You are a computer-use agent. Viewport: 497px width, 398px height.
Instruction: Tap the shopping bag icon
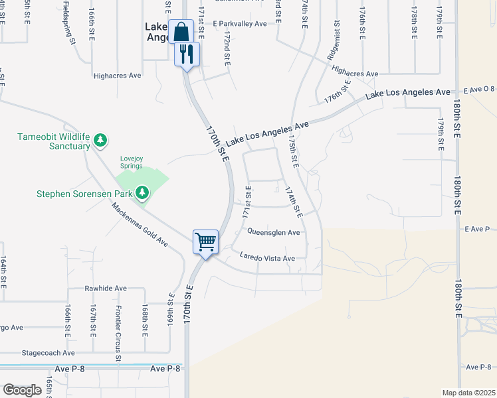(181, 31)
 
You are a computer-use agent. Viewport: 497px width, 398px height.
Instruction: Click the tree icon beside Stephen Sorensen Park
(142, 194)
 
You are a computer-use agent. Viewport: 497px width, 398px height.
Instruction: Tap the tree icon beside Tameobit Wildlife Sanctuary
(100, 140)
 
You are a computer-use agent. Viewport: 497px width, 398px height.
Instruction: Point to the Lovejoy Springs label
(131, 162)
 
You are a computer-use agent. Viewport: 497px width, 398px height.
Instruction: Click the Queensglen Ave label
(274, 232)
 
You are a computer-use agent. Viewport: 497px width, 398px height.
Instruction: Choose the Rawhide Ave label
(105, 289)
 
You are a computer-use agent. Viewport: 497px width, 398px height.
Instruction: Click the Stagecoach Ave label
(48, 353)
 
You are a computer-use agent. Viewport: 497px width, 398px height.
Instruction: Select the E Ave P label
(476, 229)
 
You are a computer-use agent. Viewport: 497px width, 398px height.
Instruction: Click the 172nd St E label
(227, 47)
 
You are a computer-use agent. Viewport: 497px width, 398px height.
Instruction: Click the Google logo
(22, 390)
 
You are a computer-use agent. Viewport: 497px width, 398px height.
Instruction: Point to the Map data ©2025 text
(469, 393)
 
